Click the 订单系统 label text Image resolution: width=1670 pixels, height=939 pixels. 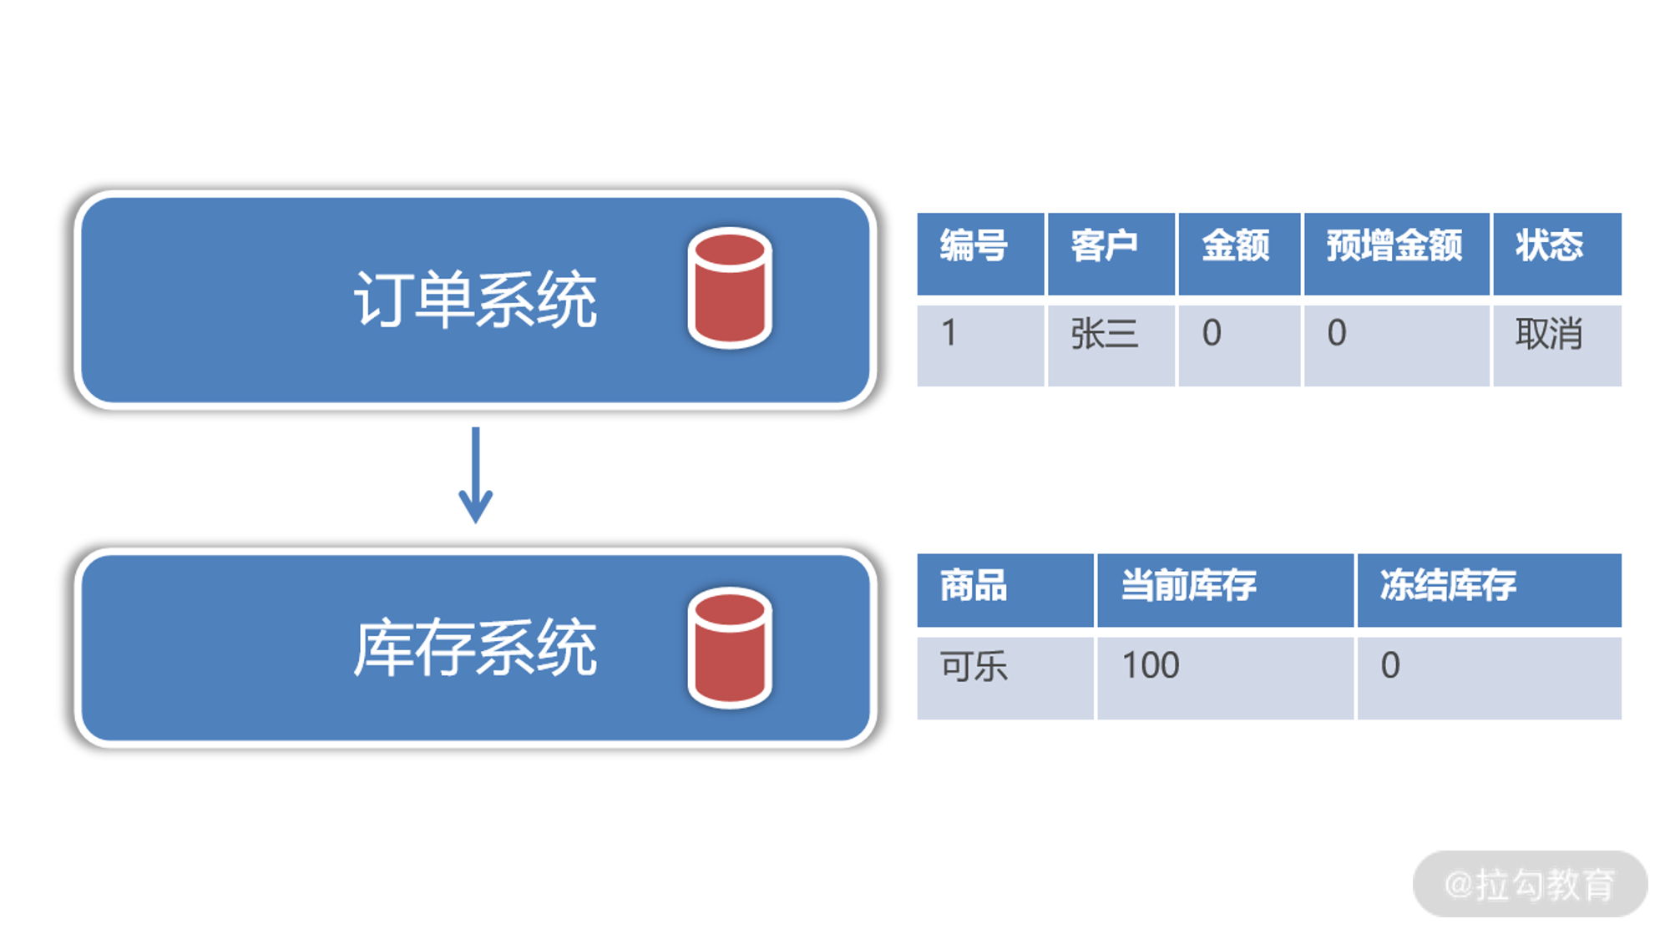[475, 300]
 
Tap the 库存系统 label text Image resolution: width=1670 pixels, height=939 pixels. [475, 648]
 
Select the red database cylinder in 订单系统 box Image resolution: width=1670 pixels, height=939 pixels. [730, 287]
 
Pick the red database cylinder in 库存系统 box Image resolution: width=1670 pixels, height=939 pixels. [730, 648]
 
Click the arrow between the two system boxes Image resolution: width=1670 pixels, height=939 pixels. [476, 475]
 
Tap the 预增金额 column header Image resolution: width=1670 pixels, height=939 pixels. [1394, 246]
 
